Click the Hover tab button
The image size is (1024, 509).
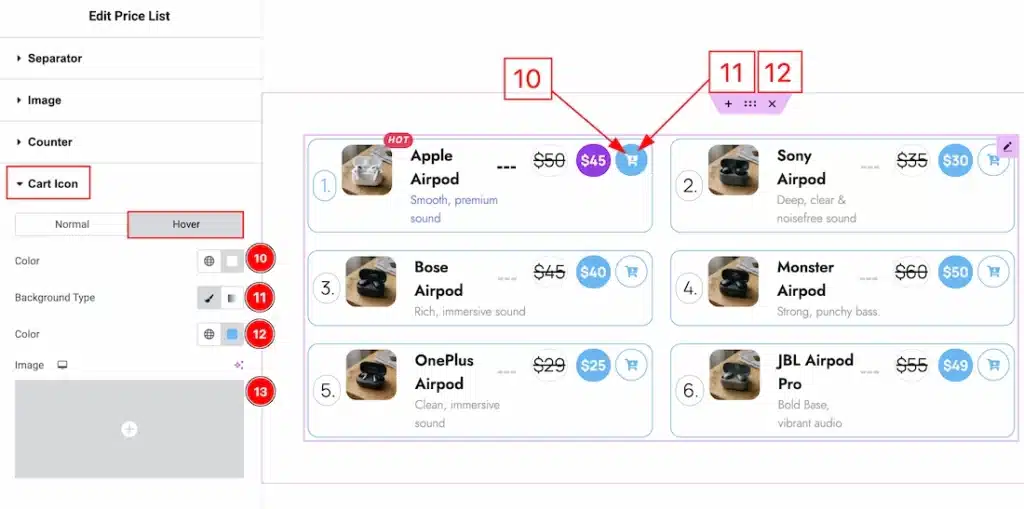click(x=186, y=224)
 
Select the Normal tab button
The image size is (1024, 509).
click(x=72, y=224)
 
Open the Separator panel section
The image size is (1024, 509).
click(x=55, y=59)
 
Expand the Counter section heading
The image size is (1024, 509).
click(x=50, y=142)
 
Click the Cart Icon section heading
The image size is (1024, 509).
click(x=52, y=184)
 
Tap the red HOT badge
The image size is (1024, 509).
click(x=398, y=140)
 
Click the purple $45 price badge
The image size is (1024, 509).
click(x=593, y=160)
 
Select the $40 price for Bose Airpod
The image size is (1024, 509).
click(x=593, y=272)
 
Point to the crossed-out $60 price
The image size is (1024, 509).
click(x=912, y=272)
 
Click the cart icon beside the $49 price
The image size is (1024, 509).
click(x=993, y=365)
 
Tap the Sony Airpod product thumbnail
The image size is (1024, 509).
click(x=733, y=170)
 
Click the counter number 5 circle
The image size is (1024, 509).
click(x=326, y=390)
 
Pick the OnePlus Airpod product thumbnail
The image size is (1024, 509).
click(x=370, y=375)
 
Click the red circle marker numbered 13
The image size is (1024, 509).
click(x=260, y=392)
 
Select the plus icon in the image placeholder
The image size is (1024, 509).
click(x=129, y=429)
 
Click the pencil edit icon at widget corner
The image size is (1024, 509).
click(x=1007, y=146)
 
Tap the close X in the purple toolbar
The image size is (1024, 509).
click(x=772, y=104)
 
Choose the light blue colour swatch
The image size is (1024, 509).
click(x=232, y=334)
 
